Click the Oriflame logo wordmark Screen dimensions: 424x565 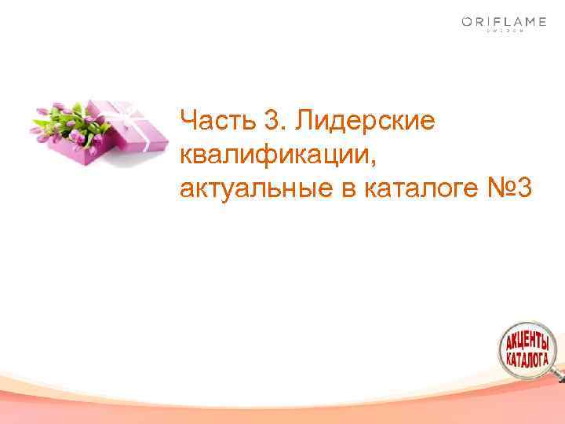point(504,22)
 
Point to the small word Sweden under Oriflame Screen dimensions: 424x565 point(504,33)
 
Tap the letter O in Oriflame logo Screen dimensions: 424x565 point(467,22)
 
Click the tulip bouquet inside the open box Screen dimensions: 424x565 point(67,122)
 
